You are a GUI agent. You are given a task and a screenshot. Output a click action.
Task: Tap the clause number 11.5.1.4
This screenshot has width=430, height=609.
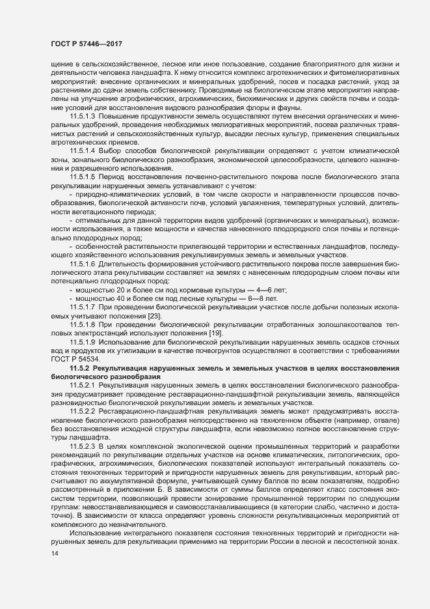(x=82, y=150)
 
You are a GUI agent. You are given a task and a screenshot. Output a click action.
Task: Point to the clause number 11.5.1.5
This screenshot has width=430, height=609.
(x=82, y=177)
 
